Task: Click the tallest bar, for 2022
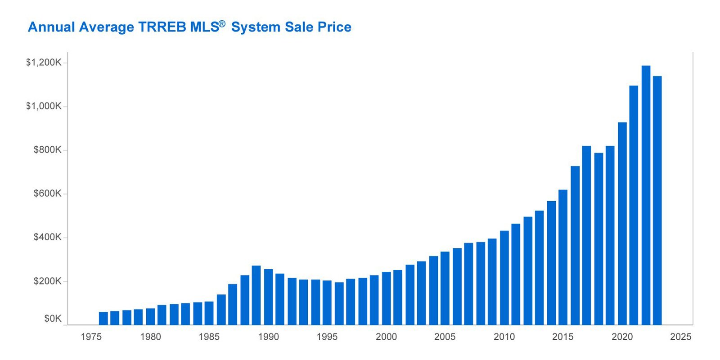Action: (646, 195)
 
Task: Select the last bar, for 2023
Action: (657, 201)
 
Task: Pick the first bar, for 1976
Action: (103, 318)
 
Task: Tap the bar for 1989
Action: (256, 295)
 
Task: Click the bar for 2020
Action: (622, 223)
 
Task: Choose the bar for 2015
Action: (563, 257)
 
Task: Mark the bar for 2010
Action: (504, 278)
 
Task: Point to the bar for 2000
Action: (387, 298)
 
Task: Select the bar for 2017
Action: (587, 235)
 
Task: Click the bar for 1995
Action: (327, 303)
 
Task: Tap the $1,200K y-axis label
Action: (44, 63)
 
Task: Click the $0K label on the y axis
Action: (53, 319)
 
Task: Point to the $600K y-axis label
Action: (48, 193)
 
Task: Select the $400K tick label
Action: (48, 237)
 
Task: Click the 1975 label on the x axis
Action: (91, 337)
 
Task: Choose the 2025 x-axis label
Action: (681, 337)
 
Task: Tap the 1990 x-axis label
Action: (268, 337)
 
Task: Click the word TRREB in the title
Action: (162, 27)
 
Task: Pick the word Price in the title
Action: (335, 27)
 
